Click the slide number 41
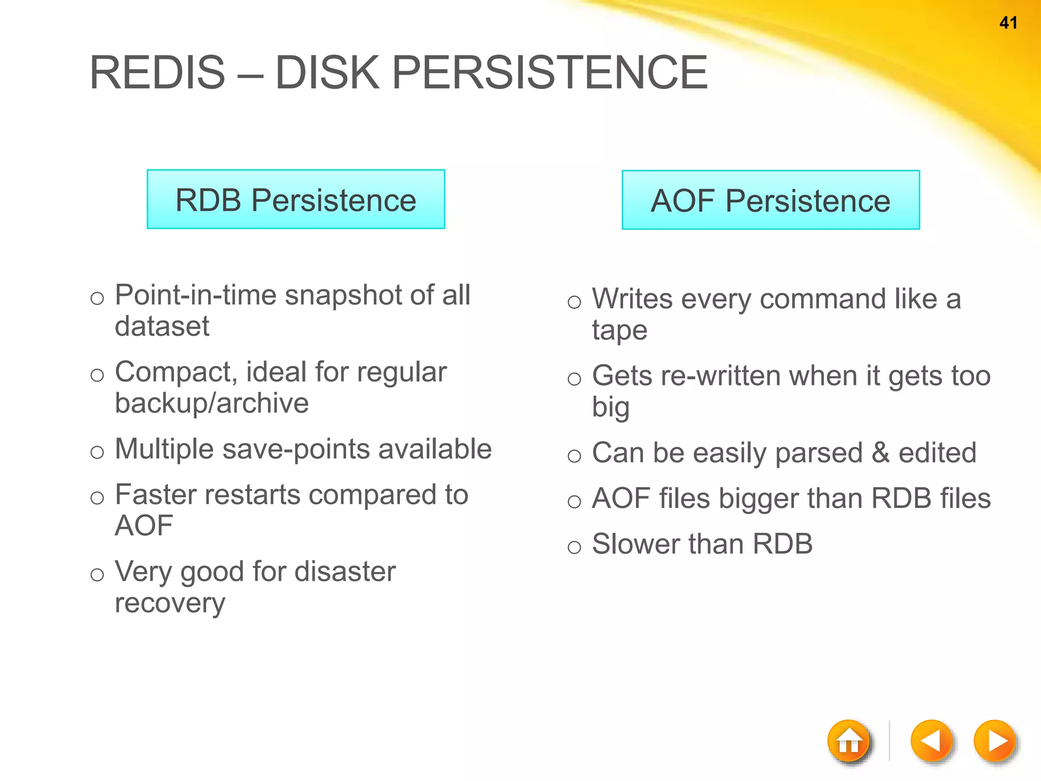click(1008, 23)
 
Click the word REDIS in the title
click(157, 73)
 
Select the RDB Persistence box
click(296, 199)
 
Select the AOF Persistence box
click(771, 200)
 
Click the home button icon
click(848, 741)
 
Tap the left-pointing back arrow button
click(931, 741)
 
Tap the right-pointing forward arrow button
click(995, 741)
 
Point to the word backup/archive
click(211, 403)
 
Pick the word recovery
click(170, 604)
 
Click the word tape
click(619, 331)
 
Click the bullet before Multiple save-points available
click(97, 452)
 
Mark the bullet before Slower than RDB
click(574, 547)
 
